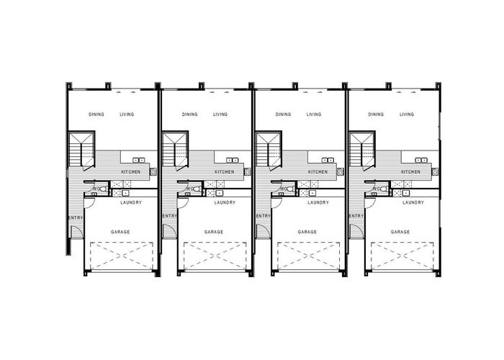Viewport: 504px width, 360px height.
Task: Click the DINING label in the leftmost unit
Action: (96, 114)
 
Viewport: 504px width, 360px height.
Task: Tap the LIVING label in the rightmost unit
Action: (407, 114)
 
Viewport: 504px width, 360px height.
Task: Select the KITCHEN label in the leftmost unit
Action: (130, 172)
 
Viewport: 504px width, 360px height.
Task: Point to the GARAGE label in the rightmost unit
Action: (400, 232)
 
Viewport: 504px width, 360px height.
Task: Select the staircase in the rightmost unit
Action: (361, 150)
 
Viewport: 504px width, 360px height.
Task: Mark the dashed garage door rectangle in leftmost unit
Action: (121, 256)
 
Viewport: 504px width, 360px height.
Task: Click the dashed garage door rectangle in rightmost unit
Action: (402, 256)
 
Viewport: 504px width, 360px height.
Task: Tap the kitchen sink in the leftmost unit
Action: (139, 160)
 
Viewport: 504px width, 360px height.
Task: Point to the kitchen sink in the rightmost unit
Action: (419, 160)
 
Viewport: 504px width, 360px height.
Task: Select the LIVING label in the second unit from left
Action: (220, 114)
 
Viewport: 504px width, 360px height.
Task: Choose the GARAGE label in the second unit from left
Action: (214, 232)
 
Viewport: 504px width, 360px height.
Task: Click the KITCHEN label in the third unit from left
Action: (318, 172)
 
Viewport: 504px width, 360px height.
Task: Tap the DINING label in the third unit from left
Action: (283, 114)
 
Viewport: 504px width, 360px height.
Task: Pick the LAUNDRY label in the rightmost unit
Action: (413, 202)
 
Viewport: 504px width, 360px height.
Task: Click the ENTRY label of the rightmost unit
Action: (356, 216)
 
